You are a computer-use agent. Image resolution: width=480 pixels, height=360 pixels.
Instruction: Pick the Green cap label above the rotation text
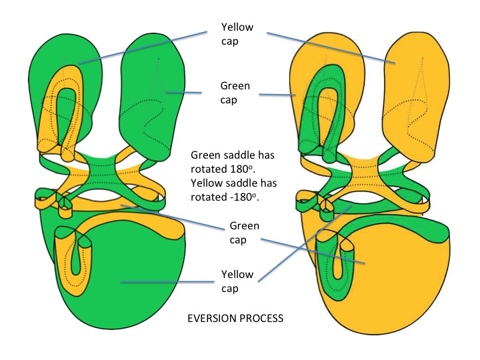click(x=235, y=92)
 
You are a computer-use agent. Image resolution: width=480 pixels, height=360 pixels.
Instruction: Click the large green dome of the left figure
click(x=127, y=293)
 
